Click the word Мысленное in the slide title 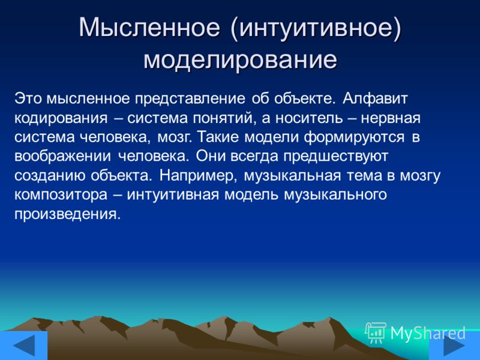(x=149, y=28)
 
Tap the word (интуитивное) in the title (x=316, y=29)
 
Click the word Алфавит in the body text (x=376, y=99)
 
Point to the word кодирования (x=61, y=118)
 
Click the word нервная (x=391, y=118)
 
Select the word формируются (x=354, y=137)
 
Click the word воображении (x=63, y=156)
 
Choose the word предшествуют (x=335, y=157)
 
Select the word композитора (x=61, y=194)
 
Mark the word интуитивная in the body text (x=173, y=194)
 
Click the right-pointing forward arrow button (x=454, y=346)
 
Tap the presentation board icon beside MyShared (x=376, y=333)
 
